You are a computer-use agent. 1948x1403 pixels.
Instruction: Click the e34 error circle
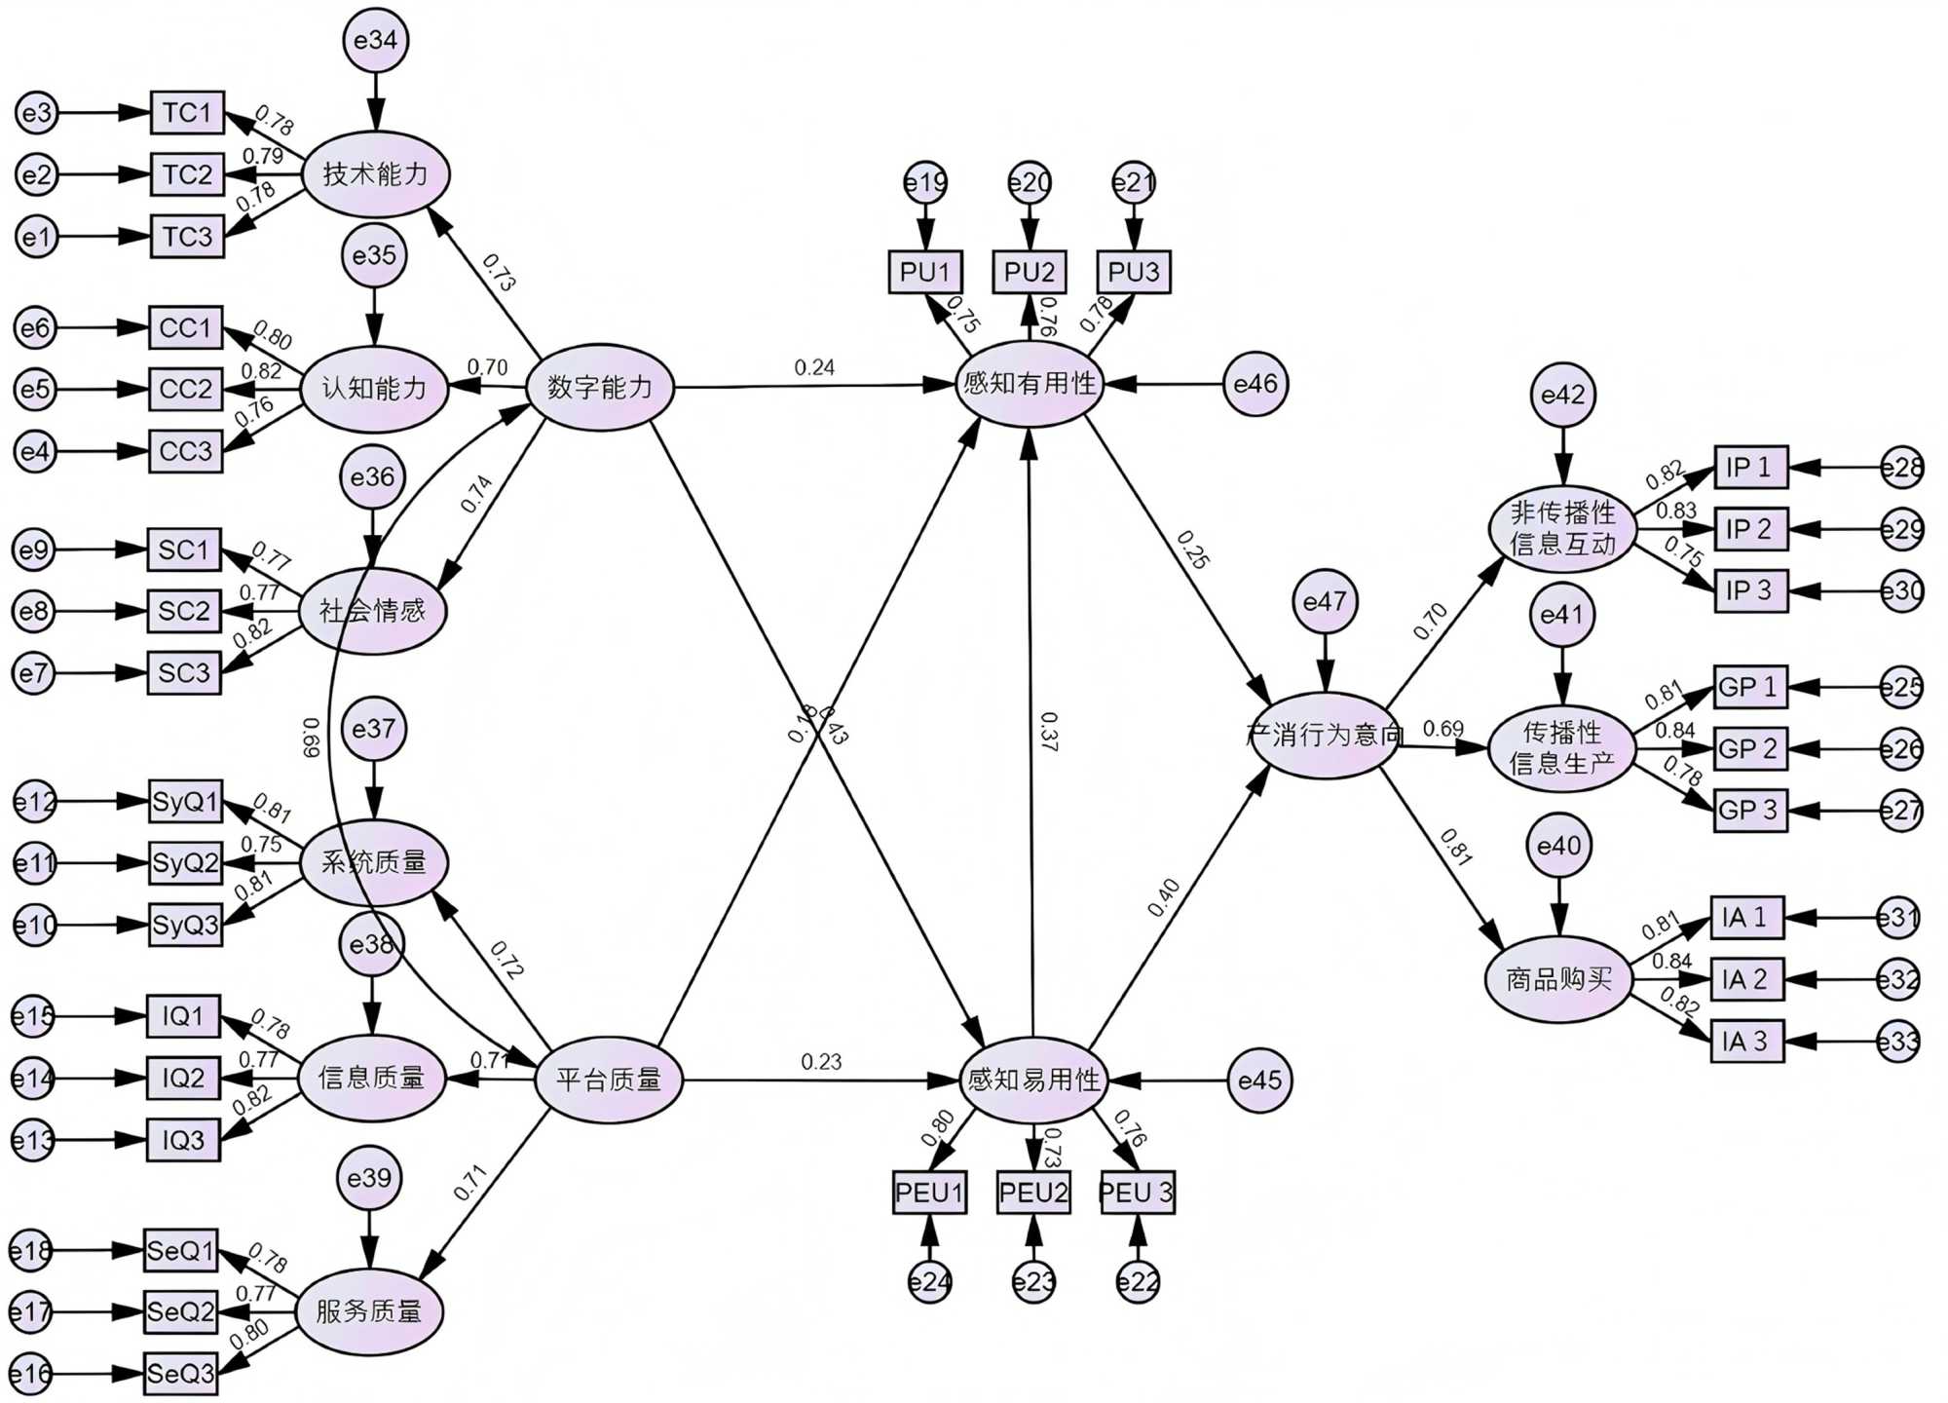point(375,41)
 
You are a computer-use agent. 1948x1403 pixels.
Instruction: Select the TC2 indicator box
point(187,174)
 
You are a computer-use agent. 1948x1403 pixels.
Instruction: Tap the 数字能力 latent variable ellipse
point(600,387)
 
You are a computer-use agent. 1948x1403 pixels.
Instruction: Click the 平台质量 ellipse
point(609,1080)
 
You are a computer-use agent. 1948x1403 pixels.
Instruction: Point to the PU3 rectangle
point(1134,272)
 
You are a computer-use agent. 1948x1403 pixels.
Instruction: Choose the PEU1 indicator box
point(929,1193)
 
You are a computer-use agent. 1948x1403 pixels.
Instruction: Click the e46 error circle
point(1255,384)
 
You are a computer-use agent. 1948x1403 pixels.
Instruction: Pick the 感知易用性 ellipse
point(1032,1080)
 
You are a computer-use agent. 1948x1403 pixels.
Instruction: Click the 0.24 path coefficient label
point(814,367)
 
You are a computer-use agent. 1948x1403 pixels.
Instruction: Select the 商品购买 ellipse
point(1558,979)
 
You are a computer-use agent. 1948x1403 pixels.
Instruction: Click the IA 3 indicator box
point(1746,1041)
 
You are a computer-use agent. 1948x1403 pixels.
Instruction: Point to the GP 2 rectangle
point(1749,748)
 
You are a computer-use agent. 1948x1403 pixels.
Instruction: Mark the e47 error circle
point(1324,601)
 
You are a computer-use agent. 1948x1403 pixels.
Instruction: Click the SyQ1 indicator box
point(185,802)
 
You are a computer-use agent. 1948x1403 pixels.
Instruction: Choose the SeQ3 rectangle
point(181,1373)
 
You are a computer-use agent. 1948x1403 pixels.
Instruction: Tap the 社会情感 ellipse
point(372,611)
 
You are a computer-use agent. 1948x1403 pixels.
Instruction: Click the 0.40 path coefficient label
point(1163,897)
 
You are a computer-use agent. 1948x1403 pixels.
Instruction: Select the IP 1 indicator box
point(1750,468)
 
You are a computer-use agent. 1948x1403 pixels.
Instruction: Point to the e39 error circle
point(369,1178)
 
